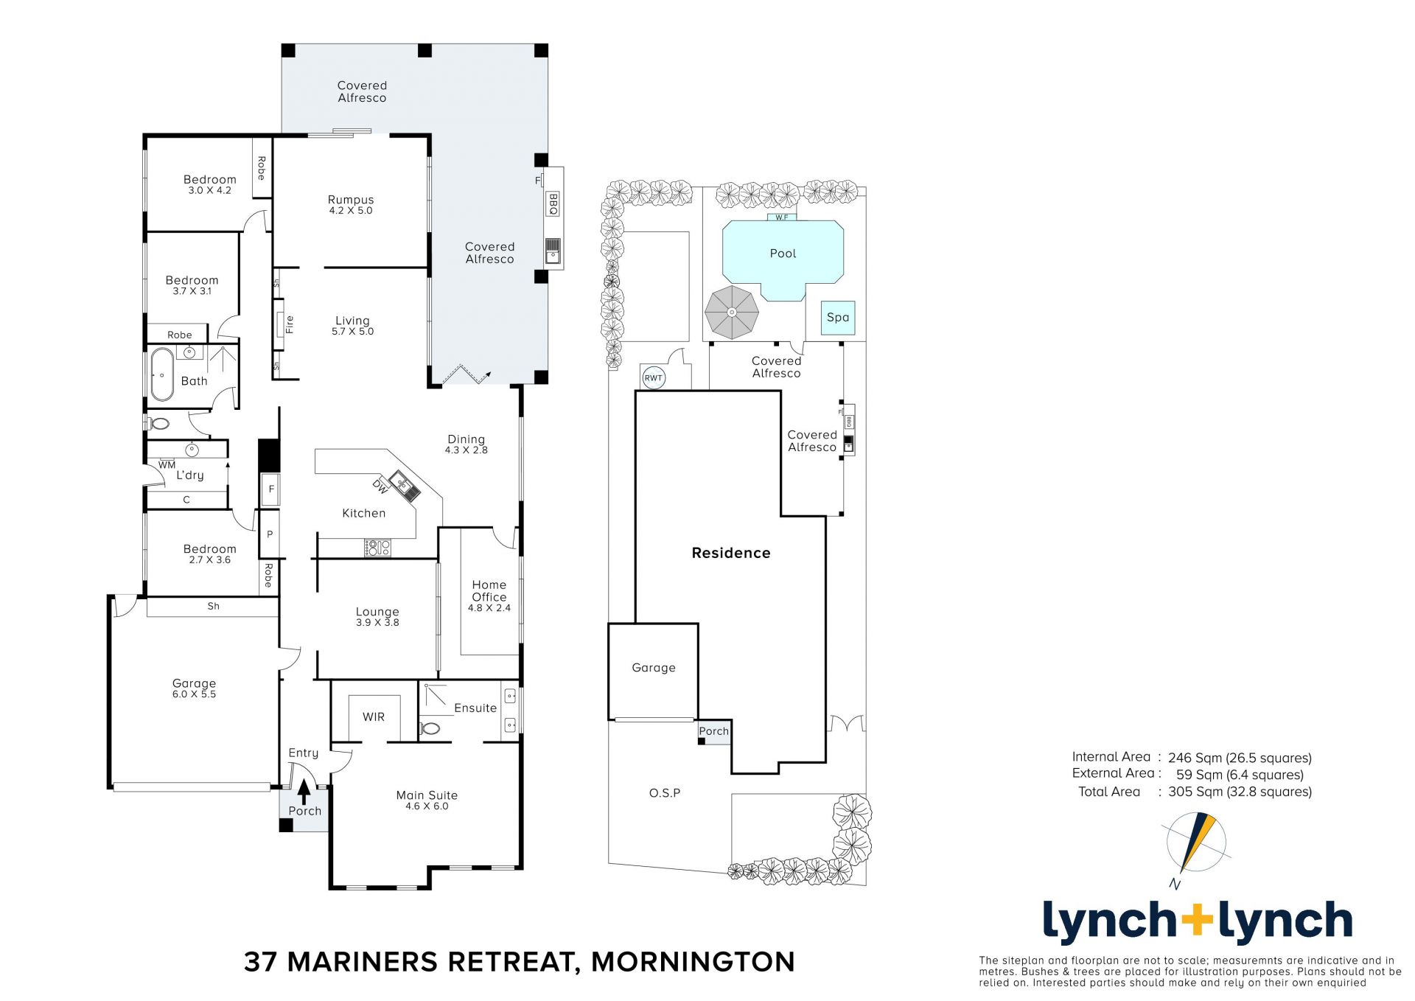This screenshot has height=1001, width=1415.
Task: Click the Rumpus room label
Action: pyautogui.click(x=351, y=204)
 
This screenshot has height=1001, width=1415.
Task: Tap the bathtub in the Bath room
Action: pyautogui.click(x=162, y=374)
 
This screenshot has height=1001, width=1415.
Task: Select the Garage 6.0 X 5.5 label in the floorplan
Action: pyautogui.click(x=194, y=688)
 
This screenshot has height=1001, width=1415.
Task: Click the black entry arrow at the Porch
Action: pyautogui.click(x=304, y=792)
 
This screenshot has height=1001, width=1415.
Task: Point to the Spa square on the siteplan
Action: pyautogui.click(x=838, y=318)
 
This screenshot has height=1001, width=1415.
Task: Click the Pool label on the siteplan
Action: pyautogui.click(x=783, y=254)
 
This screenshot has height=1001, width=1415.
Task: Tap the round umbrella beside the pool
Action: pyautogui.click(x=731, y=313)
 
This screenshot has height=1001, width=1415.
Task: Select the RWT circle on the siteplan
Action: pyautogui.click(x=654, y=378)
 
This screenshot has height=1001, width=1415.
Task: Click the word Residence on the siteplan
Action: pyautogui.click(x=731, y=553)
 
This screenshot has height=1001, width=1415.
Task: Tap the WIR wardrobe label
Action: pyautogui.click(x=374, y=716)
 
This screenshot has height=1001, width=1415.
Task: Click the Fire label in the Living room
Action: pyautogui.click(x=290, y=324)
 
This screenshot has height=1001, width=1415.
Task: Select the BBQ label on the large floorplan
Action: pyautogui.click(x=553, y=203)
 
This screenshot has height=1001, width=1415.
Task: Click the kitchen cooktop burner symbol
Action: pyautogui.click(x=378, y=548)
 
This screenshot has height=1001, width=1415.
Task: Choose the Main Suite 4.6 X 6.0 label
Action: pyautogui.click(x=427, y=801)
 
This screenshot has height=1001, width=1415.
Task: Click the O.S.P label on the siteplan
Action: pyautogui.click(x=665, y=793)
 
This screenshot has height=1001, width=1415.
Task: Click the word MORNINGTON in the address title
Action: pyautogui.click(x=693, y=962)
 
